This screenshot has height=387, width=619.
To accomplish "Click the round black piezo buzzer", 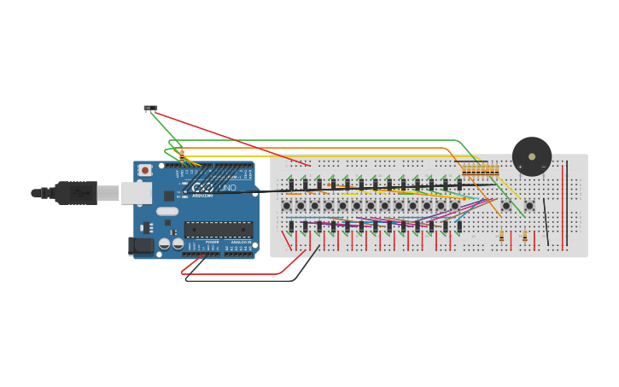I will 531,156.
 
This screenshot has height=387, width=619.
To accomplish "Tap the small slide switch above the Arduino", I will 150,108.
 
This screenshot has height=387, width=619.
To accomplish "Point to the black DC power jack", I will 141,246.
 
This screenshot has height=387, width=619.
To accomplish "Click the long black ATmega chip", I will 219,230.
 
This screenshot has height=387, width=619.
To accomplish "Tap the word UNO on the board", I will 227,188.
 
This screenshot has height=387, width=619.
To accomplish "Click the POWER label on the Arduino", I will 213,242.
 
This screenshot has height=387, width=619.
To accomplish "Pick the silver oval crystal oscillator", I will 167,211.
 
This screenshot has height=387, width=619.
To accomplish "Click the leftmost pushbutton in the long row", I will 287,205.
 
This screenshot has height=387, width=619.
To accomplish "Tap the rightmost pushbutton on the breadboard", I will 529,205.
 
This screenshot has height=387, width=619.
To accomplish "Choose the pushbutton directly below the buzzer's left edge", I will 506,205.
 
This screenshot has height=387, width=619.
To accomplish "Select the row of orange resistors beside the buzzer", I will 481,169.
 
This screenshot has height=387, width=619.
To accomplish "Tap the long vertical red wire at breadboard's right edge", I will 564,205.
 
